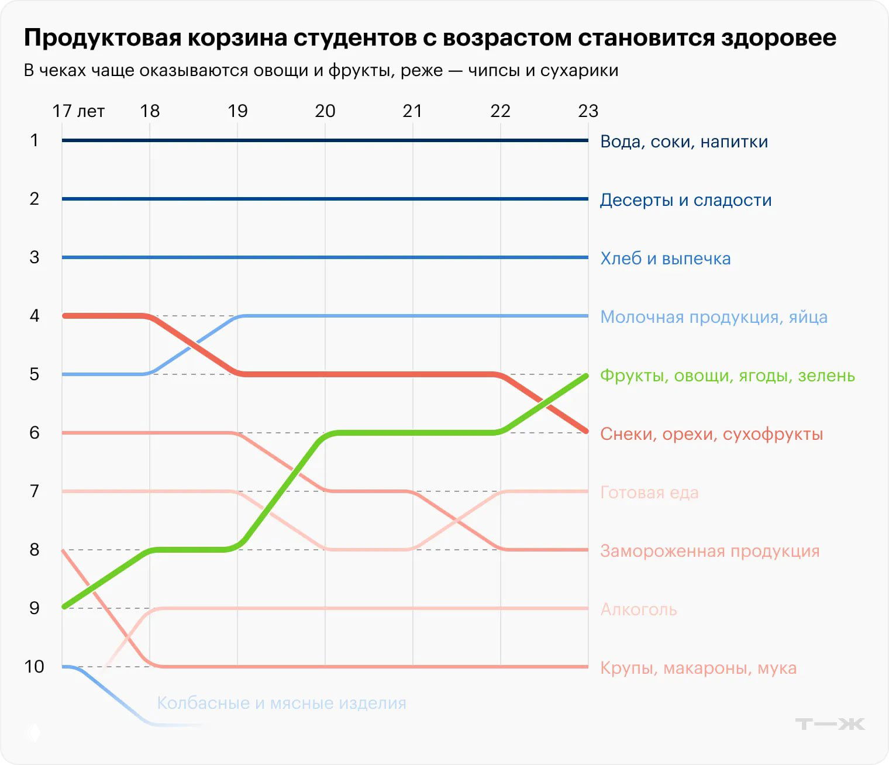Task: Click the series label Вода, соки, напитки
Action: (x=684, y=142)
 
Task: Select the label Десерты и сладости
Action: (x=685, y=200)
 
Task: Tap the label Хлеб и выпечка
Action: (x=665, y=259)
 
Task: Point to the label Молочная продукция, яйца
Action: (x=714, y=317)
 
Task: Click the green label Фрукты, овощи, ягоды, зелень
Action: (x=727, y=375)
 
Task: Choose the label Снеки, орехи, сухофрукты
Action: (x=711, y=434)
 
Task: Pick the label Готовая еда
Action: (x=649, y=492)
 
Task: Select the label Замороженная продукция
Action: (x=709, y=551)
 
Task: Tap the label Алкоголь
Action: (x=639, y=609)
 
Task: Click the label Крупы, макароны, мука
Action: (x=698, y=668)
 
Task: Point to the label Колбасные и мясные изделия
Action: (x=281, y=703)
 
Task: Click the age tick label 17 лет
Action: (x=78, y=111)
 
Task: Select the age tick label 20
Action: (x=325, y=111)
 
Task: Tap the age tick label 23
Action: (x=588, y=111)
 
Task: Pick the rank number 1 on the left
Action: (x=35, y=140)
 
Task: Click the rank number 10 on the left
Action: (x=35, y=667)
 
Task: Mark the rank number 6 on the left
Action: (x=35, y=433)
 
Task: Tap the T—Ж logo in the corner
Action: (x=829, y=724)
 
